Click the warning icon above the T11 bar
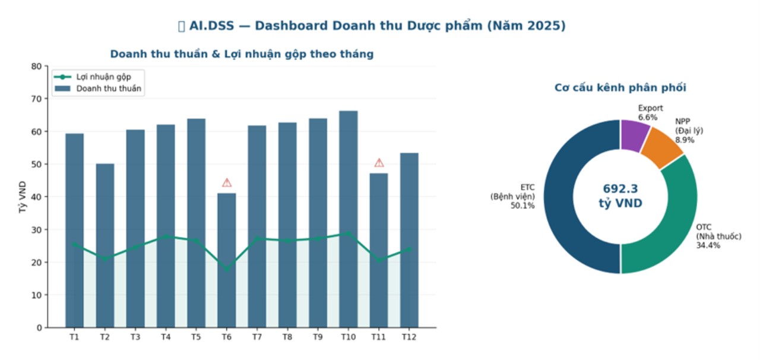point(379,163)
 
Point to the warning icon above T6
point(227,182)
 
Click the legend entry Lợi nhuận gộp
point(103,77)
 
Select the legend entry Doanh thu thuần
point(109,89)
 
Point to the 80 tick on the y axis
point(37,67)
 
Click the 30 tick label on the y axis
point(37,230)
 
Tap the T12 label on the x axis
point(409,337)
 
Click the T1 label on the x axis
point(74,337)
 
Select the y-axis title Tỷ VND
point(23,197)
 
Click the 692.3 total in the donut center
point(620,189)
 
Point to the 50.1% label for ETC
point(522,206)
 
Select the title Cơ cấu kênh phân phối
point(620,88)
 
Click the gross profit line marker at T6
point(226,269)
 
